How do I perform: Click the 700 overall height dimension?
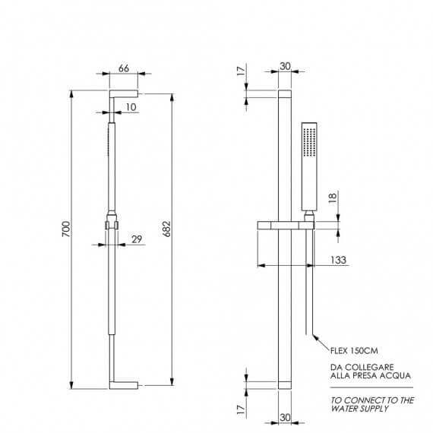[x=66, y=229]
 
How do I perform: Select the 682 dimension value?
[x=167, y=229]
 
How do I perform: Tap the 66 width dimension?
[x=124, y=68]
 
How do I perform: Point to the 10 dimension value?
[x=131, y=107]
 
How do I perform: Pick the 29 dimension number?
[x=137, y=239]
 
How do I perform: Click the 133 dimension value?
[x=338, y=260]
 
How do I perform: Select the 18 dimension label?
[x=333, y=198]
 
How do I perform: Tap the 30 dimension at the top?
[x=285, y=66]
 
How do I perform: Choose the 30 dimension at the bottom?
[x=285, y=418]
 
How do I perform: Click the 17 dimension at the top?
[x=241, y=71]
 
